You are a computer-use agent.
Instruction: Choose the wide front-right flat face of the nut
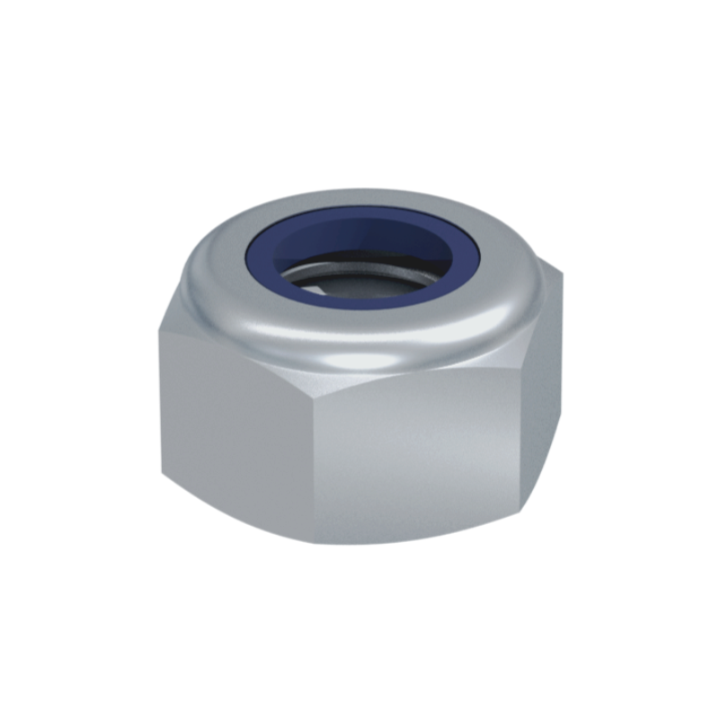click(x=422, y=458)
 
